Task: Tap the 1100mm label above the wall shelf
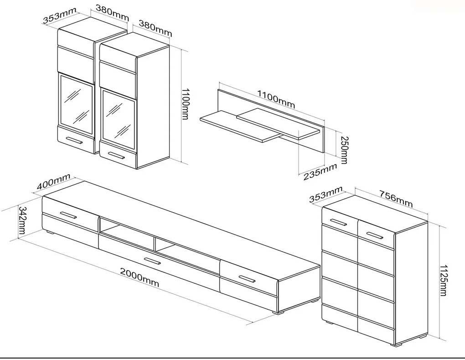(x=276, y=99)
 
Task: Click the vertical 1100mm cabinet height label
(x=184, y=104)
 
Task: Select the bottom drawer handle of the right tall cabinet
(x=117, y=156)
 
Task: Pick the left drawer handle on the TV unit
(x=68, y=215)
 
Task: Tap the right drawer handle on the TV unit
(x=247, y=278)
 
